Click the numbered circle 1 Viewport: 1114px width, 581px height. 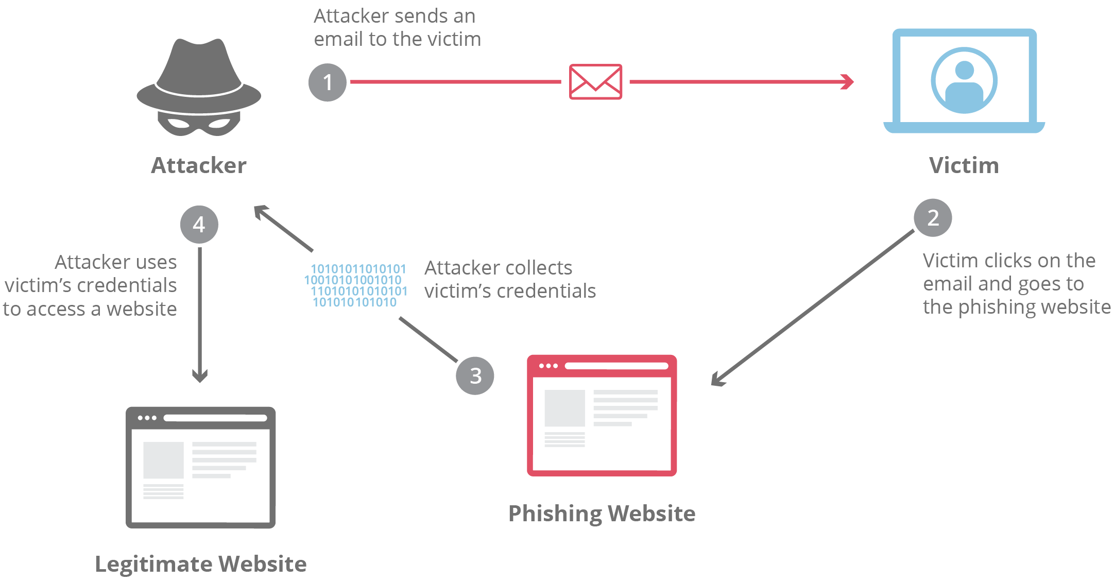(x=327, y=82)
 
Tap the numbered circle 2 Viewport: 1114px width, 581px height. (x=933, y=218)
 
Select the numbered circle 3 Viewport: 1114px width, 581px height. (x=475, y=375)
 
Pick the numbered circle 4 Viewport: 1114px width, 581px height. (x=199, y=225)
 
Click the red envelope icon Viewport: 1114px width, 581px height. (x=595, y=82)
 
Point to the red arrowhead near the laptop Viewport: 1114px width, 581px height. (x=847, y=82)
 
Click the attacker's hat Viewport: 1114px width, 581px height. (x=199, y=75)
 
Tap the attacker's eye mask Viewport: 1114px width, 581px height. (x=199, y=123)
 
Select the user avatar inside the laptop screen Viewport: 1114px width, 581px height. (x=964, y=81)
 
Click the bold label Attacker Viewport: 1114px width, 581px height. (x=199, y=166)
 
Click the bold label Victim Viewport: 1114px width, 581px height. (x=964, y=166)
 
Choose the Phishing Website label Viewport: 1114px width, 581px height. (x=602, y=514)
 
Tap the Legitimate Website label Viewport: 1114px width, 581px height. (x=201, y=564)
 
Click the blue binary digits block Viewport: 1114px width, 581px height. (x=355, y=285)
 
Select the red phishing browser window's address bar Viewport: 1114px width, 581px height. (x=616, y=366)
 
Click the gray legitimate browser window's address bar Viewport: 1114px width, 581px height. (x=215, y=418)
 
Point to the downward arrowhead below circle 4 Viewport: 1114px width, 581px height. (x=200, y=376)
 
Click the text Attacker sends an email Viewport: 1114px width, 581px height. (x=397, y=28)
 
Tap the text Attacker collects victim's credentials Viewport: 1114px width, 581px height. (x=509, y=279)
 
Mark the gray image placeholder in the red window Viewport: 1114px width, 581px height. (x=564, y=408)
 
